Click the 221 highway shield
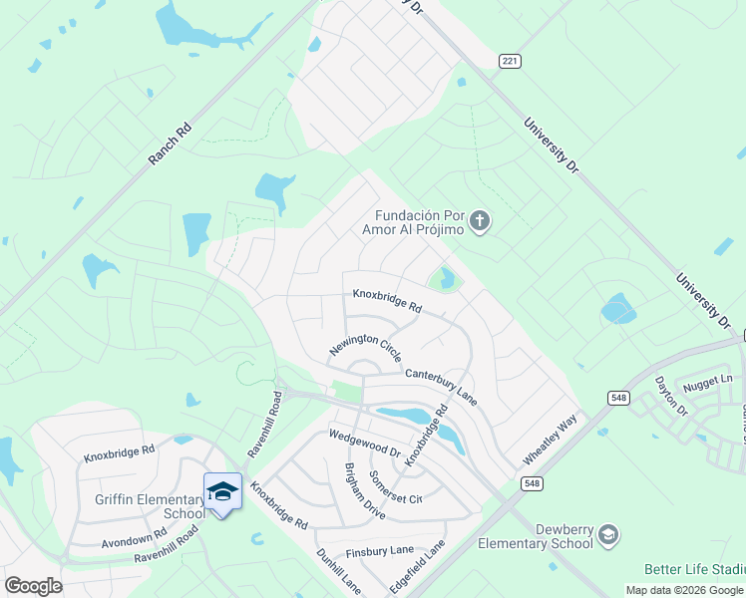(x=510, y=62)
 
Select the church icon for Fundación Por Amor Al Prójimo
(x=480, y=221)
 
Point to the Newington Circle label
(x=366, y=348)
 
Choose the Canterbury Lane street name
(x=441, y=386)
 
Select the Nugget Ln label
(x=712, y=380)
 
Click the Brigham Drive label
(x=364, y=491)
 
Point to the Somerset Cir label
(x=396, y=487)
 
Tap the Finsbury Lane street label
(x=379, y=550)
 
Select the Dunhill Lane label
(x=338, y=571)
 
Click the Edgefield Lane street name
(x=417, y=567)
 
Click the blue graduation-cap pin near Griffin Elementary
(x=222, y=492)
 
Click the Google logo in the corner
(x=33, y=586)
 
